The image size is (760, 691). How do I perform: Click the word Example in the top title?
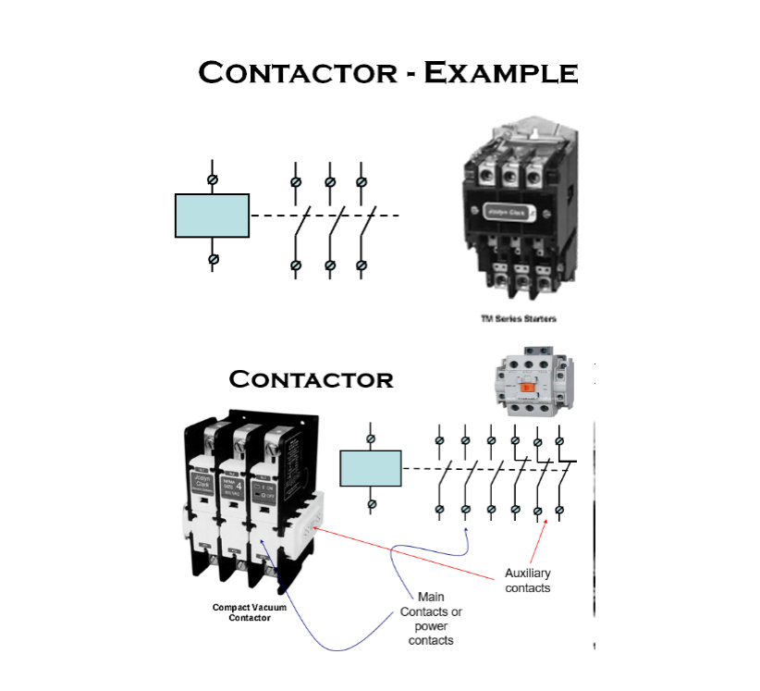500,72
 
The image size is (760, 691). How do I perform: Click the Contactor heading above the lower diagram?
311,379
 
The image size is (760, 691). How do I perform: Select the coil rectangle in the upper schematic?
212,216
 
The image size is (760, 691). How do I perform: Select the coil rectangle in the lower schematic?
370,468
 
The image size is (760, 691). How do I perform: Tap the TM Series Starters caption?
518,319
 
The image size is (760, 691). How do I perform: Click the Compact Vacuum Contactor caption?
250,612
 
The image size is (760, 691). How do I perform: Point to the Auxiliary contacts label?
528,581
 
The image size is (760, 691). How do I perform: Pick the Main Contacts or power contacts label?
431,618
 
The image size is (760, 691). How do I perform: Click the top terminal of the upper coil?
213,178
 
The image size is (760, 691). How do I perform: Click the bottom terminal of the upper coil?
213,259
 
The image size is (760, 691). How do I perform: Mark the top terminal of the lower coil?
371,438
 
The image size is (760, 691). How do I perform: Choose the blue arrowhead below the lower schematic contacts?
467,530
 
